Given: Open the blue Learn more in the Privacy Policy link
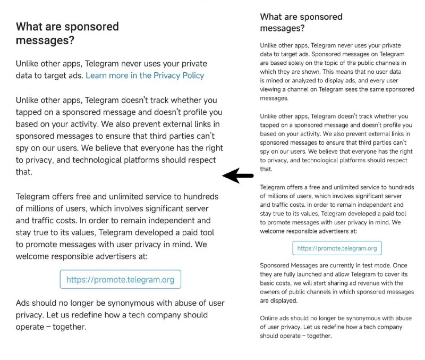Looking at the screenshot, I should pos(144,76).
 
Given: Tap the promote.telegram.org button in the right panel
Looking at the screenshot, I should pos(337,248).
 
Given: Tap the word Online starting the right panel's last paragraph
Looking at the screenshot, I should pos(270,318).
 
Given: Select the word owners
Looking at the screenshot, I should pos(271,292).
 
